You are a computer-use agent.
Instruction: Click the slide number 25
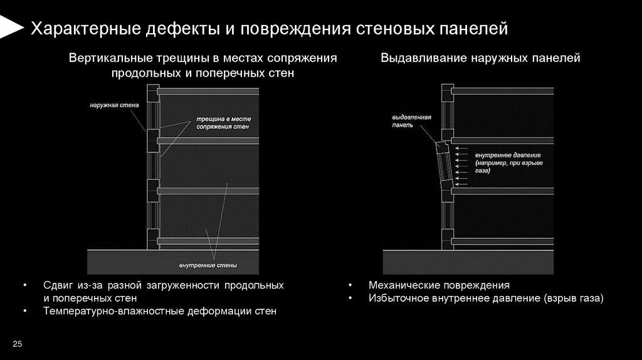click(17, 344)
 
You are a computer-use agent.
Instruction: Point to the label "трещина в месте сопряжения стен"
click(223, 122)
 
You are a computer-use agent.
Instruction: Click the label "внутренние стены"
click(208, 265)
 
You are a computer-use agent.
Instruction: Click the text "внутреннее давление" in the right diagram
click(507, 155)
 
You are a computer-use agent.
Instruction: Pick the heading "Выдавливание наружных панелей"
click(480, 58)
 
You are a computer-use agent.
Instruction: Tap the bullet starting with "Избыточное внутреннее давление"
click(485, 299)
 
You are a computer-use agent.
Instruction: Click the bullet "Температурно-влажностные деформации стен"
click(159, 311)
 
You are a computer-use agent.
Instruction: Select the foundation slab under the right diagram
click(468, 262)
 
